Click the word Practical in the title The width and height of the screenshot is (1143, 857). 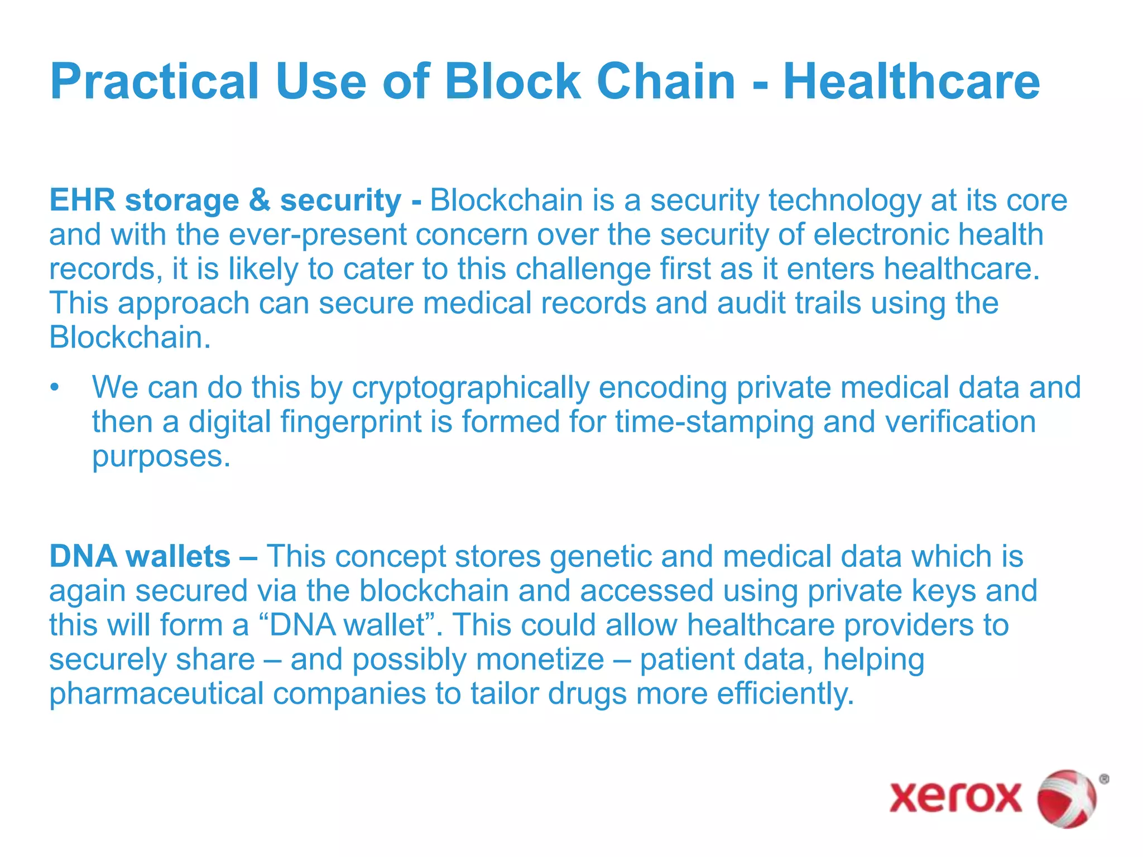(x=154, y=82)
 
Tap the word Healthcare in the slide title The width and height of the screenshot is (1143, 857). (x=911, y=82)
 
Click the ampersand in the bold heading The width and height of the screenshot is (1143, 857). (x=260, y=200)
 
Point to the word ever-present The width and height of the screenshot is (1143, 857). (x=318, y=235)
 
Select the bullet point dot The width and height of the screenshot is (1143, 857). (x=54, y=388)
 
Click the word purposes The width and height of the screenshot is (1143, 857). (x=161, y=457)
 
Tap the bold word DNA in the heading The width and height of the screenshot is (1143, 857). (x=83, y=557)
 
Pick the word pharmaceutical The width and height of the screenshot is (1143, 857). (x=156, y=694)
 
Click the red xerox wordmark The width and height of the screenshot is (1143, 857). (x=955, y=797)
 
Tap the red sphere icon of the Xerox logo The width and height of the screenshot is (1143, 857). (x=1066, y=797)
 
